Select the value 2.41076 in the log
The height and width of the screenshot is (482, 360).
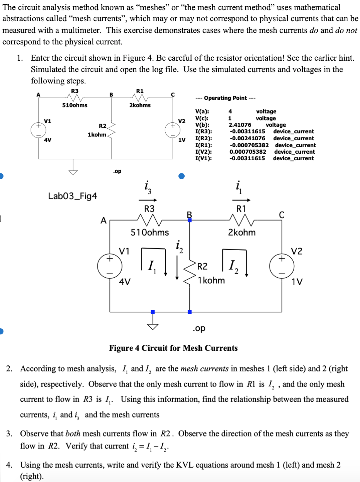click(240, 125)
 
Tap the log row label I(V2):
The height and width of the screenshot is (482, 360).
click(204, 152)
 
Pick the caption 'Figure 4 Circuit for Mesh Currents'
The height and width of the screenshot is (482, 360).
click(173, 348)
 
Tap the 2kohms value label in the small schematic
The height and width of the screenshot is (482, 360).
click(140, 105)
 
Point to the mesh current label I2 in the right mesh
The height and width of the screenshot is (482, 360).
click(231, 266)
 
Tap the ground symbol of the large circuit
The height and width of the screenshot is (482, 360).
click(153, 323)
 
